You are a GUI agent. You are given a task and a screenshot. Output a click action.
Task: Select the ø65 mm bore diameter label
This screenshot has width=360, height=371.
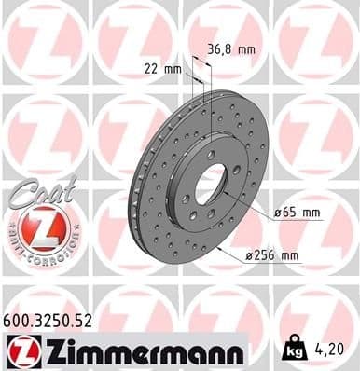(x=298, y=213)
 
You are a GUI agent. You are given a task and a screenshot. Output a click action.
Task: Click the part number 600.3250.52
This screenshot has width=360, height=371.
(x=49, y=320)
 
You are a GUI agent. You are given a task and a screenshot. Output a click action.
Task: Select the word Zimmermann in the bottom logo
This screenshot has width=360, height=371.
(x=142, y=350)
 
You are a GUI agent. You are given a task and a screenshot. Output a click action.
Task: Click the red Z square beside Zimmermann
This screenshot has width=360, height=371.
(x=19, y=350)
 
